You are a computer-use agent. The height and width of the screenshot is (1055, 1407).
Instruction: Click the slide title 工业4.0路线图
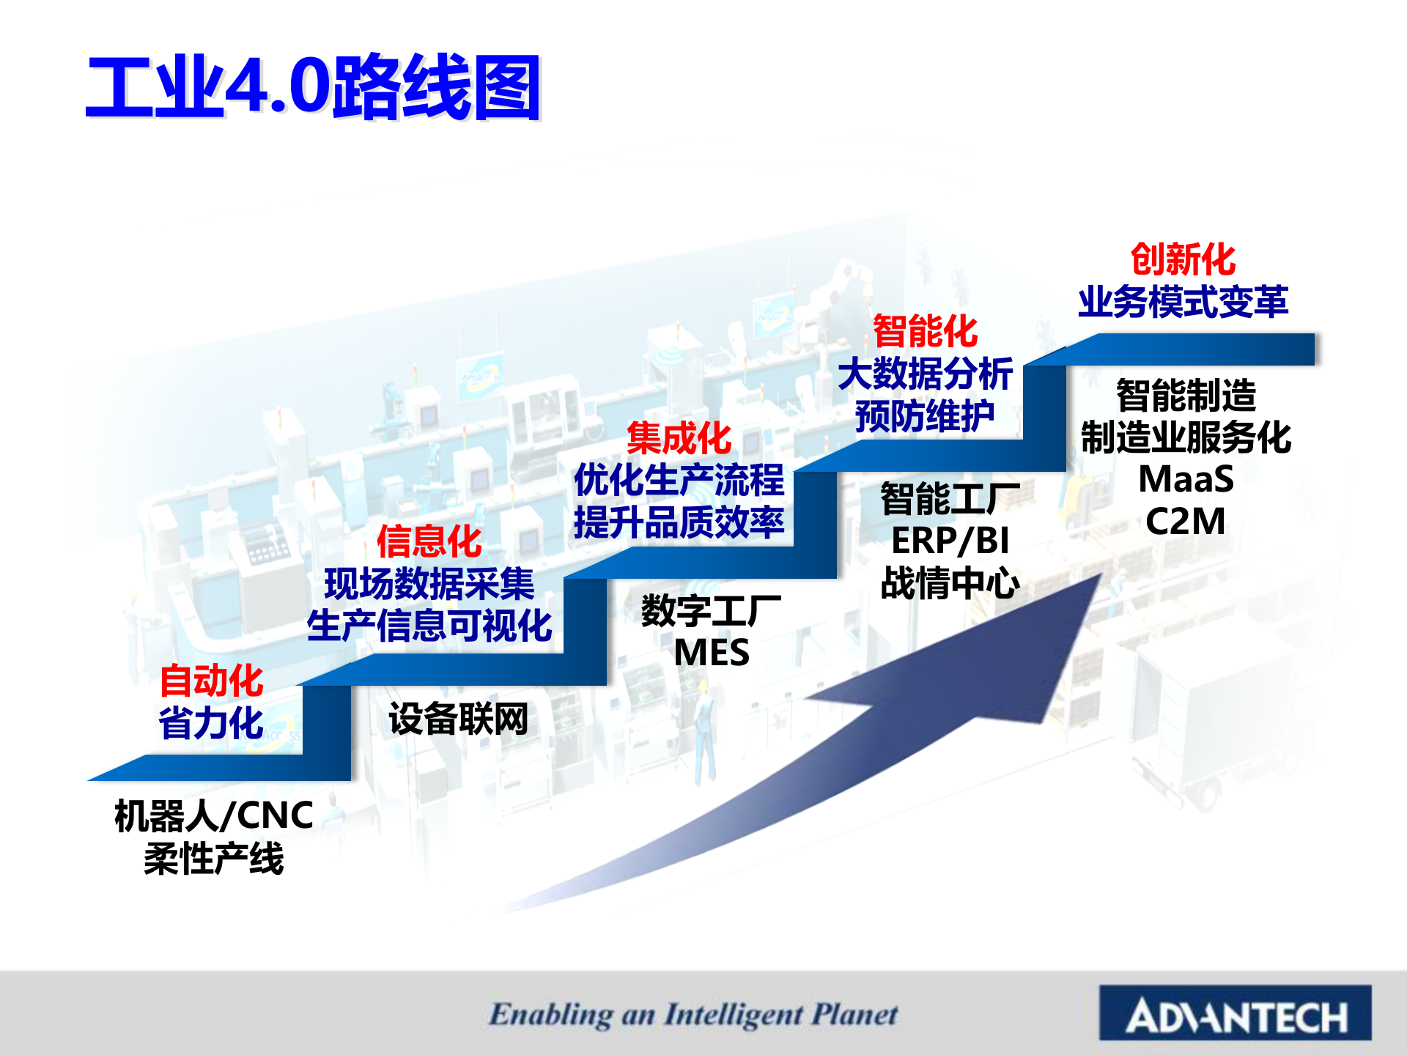[314, 87]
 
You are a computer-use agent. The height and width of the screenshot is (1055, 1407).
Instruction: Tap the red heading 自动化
[211, 681]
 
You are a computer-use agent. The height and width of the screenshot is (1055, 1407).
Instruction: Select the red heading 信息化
[429, 541]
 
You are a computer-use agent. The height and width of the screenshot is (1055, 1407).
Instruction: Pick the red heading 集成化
[679, 438]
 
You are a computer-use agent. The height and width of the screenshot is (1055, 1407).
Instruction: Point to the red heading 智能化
[926, 330]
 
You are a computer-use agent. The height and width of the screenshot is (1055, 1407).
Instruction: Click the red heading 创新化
[1183, 259]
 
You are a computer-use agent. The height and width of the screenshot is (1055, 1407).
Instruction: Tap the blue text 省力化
[211, 723]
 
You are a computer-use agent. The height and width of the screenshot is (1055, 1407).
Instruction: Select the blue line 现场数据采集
[429, 584]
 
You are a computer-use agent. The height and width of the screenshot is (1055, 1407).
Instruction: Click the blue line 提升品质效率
[679, 522]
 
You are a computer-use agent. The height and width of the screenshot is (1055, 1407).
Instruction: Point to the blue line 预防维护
[926, 416]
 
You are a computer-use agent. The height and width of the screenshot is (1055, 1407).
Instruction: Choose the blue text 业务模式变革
[1183, 301]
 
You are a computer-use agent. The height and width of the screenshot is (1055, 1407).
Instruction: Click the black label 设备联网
[459, 719]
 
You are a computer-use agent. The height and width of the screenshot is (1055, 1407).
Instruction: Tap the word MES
[712, 653]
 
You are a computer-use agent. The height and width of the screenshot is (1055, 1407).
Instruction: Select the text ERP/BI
[950, 541]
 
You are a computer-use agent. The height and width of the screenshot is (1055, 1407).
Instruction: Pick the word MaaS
[1186, 480]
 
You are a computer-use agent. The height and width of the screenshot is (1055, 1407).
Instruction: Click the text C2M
[1186, 522]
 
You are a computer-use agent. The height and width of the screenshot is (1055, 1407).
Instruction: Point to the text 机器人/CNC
[214, 815]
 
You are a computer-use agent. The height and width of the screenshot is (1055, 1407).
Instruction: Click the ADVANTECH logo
[1236, 1013]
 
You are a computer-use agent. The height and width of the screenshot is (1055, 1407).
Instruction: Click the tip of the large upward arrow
[1101, 574]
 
